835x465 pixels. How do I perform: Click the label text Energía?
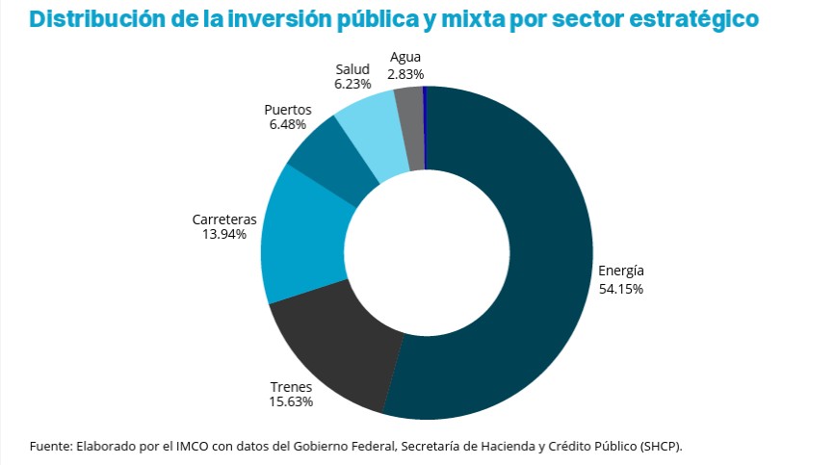(x=620, y=270)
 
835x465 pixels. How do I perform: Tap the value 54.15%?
(x=620, y=288)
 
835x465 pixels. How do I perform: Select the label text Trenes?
(x=291, y=387)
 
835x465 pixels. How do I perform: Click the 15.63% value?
(x=291, y=402)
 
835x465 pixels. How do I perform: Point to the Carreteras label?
(x=224, y=219)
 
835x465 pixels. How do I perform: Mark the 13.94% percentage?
(x=224, y=234)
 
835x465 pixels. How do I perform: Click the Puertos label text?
(x=288, y=110)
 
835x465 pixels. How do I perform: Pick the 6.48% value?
(x=288, y=125)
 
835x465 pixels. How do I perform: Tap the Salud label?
(x=352, y=69)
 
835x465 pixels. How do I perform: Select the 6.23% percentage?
(x=352, y=85)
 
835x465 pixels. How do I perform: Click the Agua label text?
(x=405, y=57)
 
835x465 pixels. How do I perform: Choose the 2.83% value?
(x=405, y=73)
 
